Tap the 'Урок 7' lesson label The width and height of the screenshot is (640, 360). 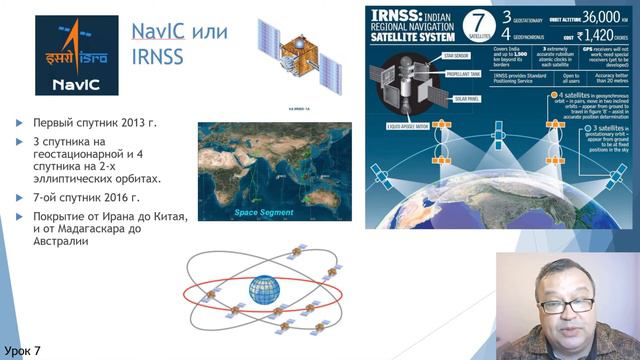tap(22, 350)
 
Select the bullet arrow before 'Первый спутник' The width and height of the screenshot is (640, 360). tap(22, 125)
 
